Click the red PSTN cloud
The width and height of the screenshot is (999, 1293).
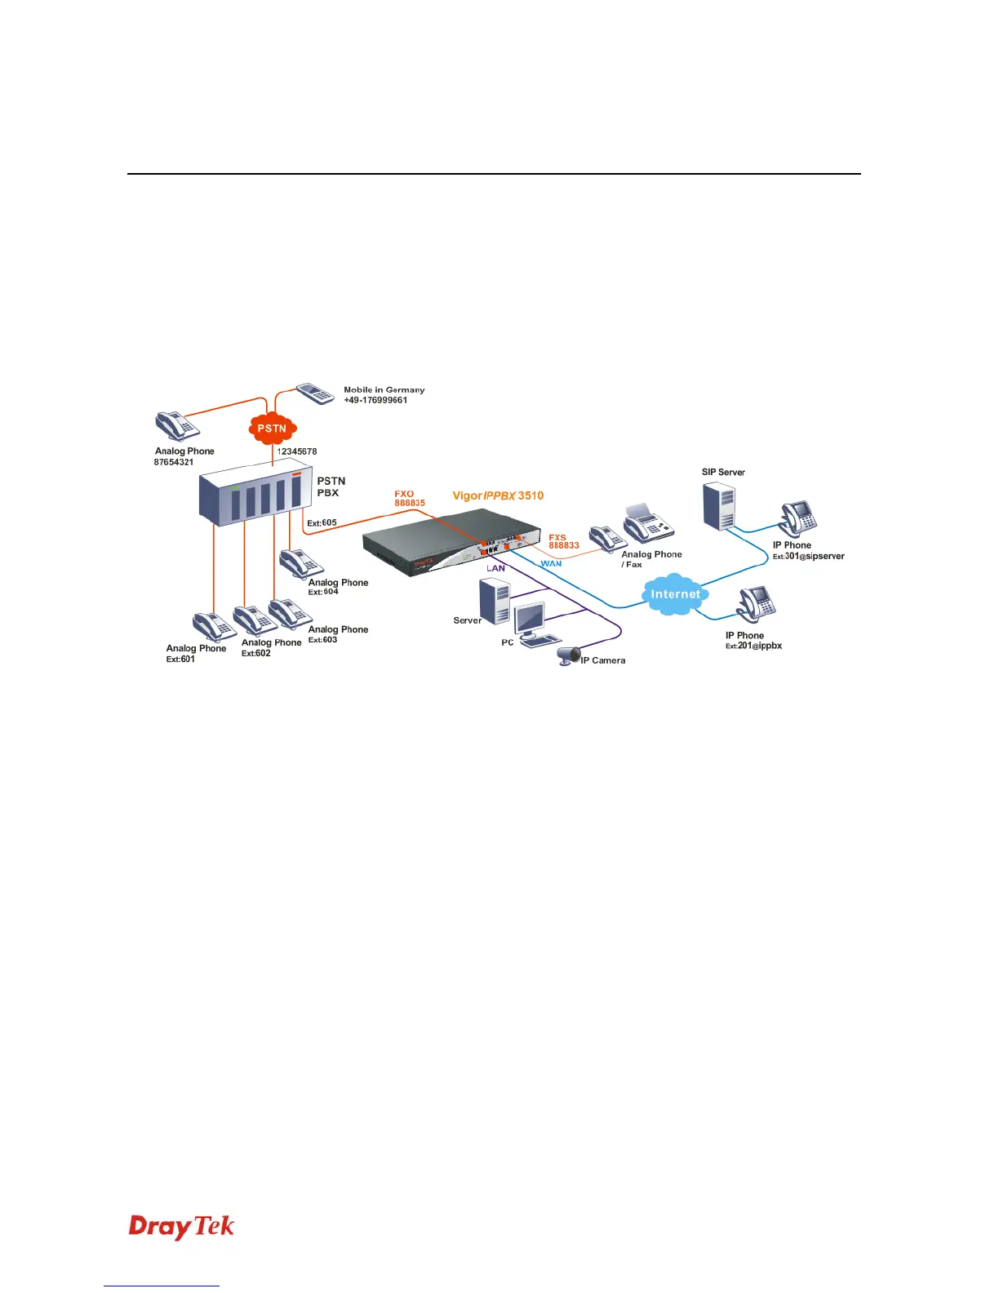(x=272, y=428)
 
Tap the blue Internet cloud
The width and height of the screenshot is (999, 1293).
(x=675, y=594)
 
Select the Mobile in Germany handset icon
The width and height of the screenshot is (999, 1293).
(x=316, y=393)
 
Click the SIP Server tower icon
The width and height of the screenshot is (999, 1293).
(x=719, y=505)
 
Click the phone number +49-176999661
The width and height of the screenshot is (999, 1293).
(x=375, y=401)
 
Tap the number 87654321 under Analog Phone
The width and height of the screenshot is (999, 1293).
(x=174, y=462)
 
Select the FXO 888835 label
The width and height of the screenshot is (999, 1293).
(x=410, y=499)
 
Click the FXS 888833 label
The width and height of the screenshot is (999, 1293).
(x=563, y=542)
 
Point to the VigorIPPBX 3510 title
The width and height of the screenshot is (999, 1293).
(x=498, y=495)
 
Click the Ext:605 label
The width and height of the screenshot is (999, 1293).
(x=322, y=523)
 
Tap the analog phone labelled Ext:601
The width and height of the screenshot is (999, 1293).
(x=214, y=627)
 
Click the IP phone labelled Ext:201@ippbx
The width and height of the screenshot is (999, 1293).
(x=756, y=605)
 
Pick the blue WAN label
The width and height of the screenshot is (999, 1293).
(x=551, y=564)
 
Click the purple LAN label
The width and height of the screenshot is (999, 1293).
(x=495, y=568)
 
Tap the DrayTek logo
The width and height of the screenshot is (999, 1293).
(x=181, y=1228)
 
